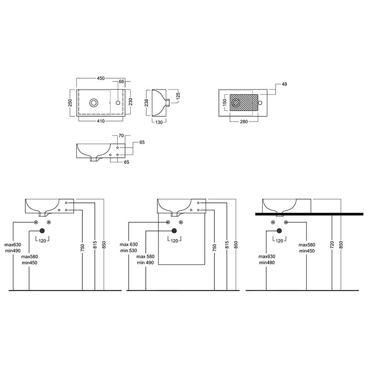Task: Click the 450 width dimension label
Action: coord(101,78)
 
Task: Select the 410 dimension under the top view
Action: coord(101,121)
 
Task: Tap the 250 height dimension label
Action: coord(70,103)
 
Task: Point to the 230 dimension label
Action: coord(131,102)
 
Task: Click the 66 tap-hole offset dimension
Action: coord(121,81)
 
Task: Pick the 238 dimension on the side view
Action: coord(146,103)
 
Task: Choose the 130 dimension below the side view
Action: coord(159,122)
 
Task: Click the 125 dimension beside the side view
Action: coord(178,96)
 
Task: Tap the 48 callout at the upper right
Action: coord(284,84)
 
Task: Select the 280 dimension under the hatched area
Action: coord(244,121)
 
